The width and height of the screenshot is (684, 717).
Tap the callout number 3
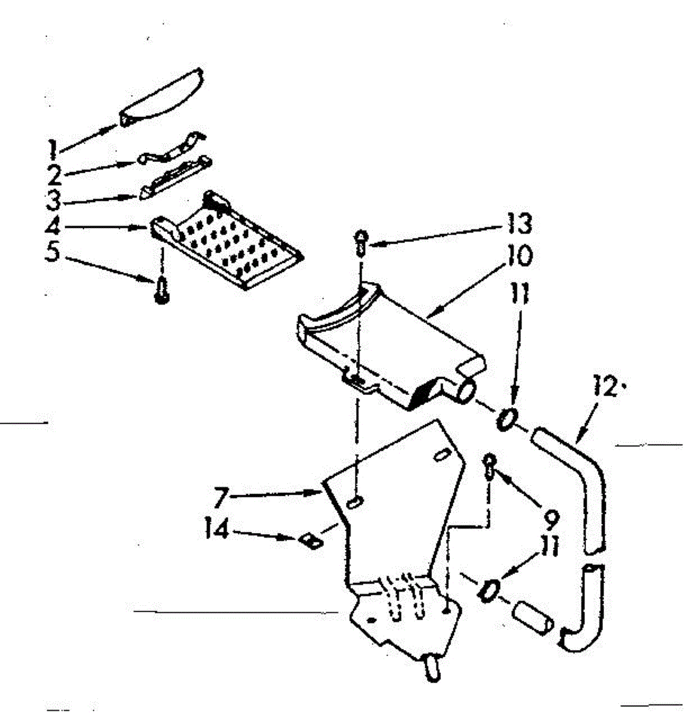[54, 200]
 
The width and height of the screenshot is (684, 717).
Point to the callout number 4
[54, 228]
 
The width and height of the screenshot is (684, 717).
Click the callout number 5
[54, 254]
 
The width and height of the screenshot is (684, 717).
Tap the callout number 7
[222, 496]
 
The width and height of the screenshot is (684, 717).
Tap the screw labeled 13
[361, 242]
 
